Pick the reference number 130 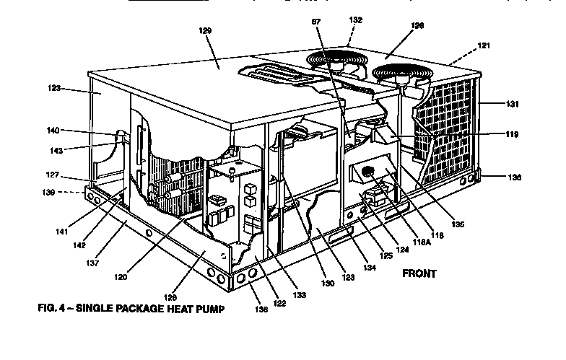pos(328,284)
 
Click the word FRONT pos(419,273)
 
